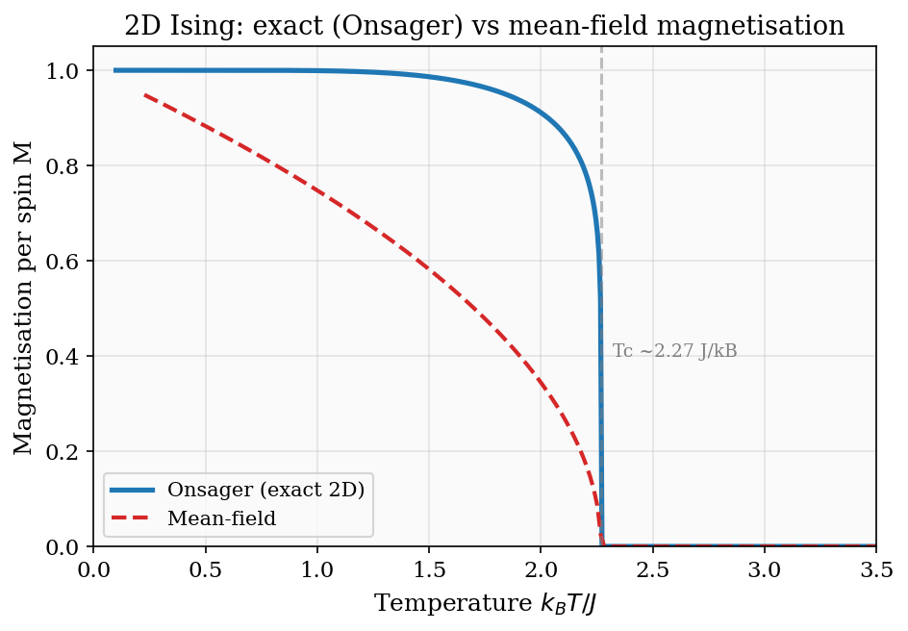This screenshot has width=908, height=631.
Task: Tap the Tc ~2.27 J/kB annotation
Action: [x=674, y=352]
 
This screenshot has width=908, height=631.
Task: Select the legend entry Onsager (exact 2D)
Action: [x=265, y=490]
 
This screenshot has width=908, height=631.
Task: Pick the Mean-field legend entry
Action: [x=221, y=519]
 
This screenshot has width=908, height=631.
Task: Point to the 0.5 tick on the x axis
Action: [x=205, y=569]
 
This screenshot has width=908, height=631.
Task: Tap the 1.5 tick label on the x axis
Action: [x=428, y=569]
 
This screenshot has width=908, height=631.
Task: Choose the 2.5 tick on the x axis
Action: [x=652, y=569]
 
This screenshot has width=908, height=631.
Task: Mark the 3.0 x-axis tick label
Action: [x=764, y=569]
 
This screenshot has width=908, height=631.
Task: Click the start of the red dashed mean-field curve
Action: [x=144, y=94]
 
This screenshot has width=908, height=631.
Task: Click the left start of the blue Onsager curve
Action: [x=114, y=70]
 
